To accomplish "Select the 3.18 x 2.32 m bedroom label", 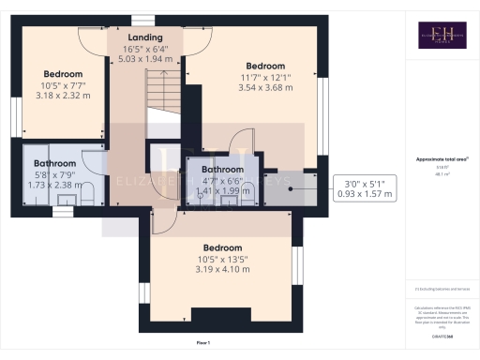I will click(63, 95).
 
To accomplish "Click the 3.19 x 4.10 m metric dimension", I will click(223, 270).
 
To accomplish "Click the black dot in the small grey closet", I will click(291, 187).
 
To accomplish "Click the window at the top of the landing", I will click(143, 20).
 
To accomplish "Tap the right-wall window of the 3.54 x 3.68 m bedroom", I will click(324, 114).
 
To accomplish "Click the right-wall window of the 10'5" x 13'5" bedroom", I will click(298, 266).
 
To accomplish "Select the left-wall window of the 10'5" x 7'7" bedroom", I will click(14, 115).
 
